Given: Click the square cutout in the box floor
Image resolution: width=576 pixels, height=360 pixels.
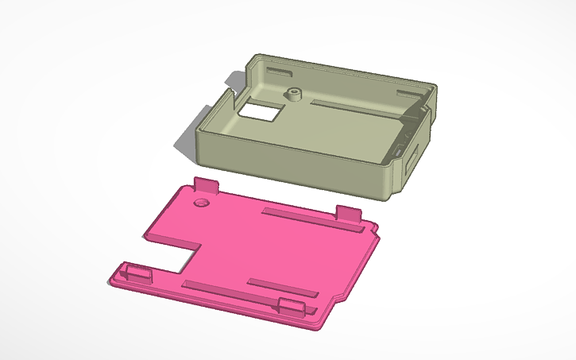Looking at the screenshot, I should coord(259,111).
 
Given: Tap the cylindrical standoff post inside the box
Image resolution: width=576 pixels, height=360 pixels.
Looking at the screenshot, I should coord(296,95).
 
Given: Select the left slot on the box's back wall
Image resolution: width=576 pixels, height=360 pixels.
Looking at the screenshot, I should coord(280,72).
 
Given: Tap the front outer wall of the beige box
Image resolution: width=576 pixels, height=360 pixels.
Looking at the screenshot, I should coord(294,168).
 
